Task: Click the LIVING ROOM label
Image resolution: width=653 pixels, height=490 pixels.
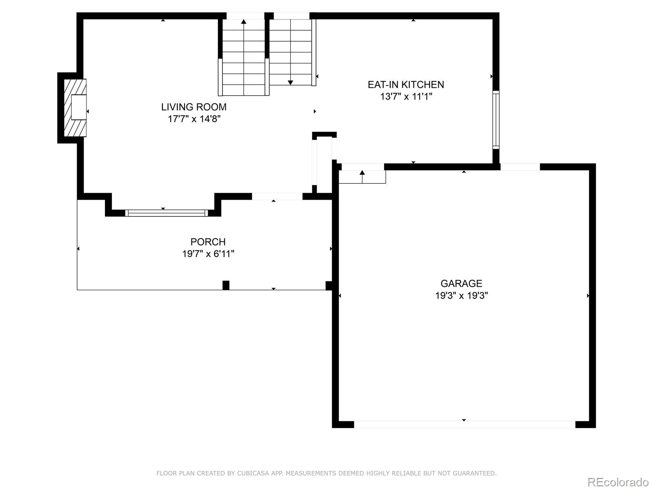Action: coord(193,107)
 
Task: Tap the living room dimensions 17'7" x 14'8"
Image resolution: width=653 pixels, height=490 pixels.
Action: coord(194,119)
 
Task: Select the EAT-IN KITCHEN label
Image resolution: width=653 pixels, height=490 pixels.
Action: coord(406,85)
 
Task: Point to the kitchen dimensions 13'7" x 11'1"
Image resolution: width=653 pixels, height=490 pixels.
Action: coord(406,97)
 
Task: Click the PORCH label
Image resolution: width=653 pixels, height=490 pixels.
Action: coord(208,242)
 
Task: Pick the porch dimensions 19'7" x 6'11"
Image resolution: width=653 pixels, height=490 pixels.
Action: coord(208,254)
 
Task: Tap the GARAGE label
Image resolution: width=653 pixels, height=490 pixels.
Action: coord(461,283)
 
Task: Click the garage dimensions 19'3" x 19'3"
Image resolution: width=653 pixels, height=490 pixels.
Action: coord(461,296)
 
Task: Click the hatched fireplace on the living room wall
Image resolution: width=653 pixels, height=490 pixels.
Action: coord(75,108)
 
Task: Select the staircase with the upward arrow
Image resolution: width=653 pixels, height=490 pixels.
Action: coord(244,57)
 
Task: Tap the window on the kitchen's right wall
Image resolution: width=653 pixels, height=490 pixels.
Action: coord(496,119)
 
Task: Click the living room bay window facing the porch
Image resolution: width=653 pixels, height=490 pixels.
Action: coord(166,213)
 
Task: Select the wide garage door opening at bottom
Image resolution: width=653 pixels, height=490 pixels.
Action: coord(464,425)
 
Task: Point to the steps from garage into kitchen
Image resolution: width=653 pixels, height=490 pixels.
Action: coord(362,177)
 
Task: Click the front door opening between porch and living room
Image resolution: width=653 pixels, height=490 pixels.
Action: coord(277,196)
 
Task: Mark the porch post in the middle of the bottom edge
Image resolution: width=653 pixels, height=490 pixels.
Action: coord(226,285)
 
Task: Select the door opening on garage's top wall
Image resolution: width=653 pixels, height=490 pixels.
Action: coord(520,167)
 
